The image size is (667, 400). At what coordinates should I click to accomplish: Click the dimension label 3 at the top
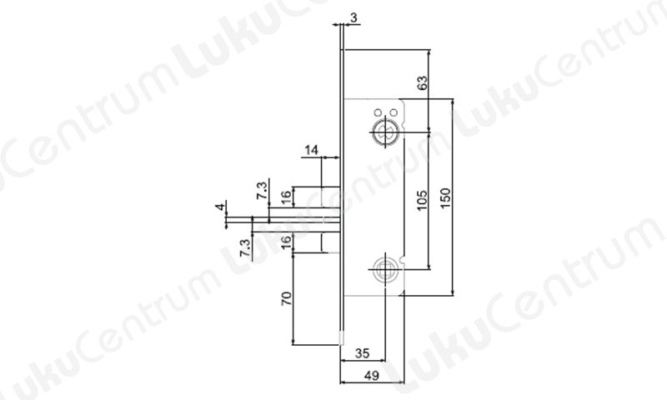pos(354,17)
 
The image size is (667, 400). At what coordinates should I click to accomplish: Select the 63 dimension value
pos(423,82)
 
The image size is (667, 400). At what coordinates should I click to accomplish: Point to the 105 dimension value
pos(422,200)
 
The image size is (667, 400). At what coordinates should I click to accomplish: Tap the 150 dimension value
pos(445,198)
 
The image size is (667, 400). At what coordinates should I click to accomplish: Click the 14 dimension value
pos(311,150)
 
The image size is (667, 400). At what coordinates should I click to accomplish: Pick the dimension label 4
pos(220,207)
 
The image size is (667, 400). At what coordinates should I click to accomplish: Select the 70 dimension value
pos(287,298)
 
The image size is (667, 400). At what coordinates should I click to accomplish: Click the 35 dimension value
pos(362,353)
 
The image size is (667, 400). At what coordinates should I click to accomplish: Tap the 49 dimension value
pos(371,376)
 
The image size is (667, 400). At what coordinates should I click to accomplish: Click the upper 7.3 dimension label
pos(262,191)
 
